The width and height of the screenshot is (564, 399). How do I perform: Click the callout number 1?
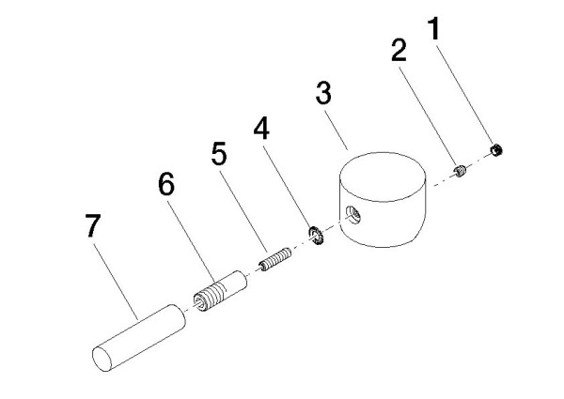434,28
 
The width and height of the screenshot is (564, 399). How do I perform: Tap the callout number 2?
399,51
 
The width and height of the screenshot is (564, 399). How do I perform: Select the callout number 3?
323,93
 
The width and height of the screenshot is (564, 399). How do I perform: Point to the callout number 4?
261,129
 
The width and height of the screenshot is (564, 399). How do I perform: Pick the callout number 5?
219,154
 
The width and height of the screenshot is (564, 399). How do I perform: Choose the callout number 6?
166,184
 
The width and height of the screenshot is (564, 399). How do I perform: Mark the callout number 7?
93,225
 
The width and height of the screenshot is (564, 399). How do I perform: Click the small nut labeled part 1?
496,150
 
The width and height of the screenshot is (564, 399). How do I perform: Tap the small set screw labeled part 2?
460,171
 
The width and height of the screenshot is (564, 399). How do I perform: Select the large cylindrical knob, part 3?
384,200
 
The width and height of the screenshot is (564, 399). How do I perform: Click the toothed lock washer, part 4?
317,236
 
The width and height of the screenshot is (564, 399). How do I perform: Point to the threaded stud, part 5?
275,259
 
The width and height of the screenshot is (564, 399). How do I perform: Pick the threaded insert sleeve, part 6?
220,290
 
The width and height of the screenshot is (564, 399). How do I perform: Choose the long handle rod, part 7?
139,338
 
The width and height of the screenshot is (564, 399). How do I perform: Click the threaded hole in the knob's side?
353,214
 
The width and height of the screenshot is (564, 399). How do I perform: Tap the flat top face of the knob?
384,176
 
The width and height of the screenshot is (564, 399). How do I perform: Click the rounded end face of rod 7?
102,360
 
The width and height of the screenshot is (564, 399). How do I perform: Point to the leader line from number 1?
465,93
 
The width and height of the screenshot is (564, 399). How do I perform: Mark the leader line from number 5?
243,211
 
